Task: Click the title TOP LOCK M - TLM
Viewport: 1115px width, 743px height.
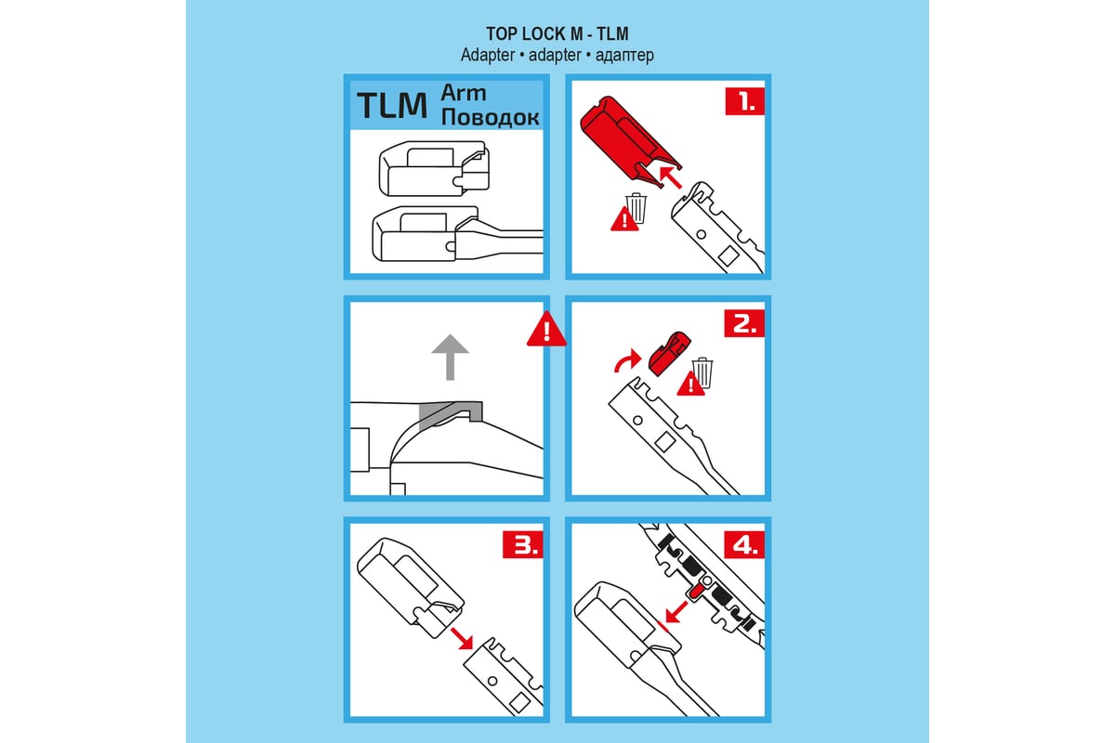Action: (x=557, y=33)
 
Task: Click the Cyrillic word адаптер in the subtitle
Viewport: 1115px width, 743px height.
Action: (x=624, y=55)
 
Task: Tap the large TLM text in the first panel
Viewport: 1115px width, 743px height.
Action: (x=392, y=106)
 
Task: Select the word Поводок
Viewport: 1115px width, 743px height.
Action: (x=490, y=117)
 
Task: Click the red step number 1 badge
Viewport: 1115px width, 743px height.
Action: (x=744, y=101)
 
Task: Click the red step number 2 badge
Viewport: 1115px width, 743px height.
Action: (x=744, y=323)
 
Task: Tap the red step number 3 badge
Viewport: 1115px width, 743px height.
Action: (x=522, y=544)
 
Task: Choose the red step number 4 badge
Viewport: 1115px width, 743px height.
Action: (x=744, y=544)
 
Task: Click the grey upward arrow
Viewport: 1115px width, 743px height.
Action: (x=450, y=357)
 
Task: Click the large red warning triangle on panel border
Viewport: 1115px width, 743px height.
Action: (x=546, y=330)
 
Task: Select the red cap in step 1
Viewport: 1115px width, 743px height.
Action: (x=628, y=140)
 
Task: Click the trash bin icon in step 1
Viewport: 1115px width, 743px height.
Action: (x=636, y=208)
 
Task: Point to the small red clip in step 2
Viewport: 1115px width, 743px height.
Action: (x=670, y=354)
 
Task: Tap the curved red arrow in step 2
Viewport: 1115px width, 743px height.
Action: (x=626, y=359)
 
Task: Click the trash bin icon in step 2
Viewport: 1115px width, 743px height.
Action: (x=702, y=372)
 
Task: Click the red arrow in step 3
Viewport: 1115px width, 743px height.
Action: (x=462, y=638)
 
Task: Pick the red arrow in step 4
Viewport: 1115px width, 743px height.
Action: (x=676, y=612)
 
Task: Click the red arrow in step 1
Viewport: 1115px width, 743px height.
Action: (x=670, y=177)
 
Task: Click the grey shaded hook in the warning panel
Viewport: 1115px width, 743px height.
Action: (x=451, y=412)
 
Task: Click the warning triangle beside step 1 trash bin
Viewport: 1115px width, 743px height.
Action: (x=624, y=219)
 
